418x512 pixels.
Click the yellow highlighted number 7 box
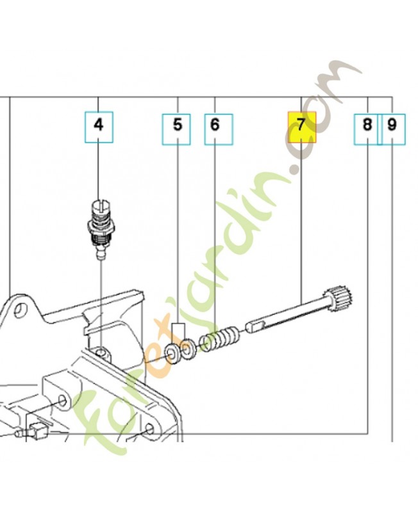tap(302, 127)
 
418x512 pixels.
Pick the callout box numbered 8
tap(367, 127)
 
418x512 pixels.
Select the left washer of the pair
tap(172, 354)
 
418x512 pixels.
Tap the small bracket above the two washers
tap(178, 330)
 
